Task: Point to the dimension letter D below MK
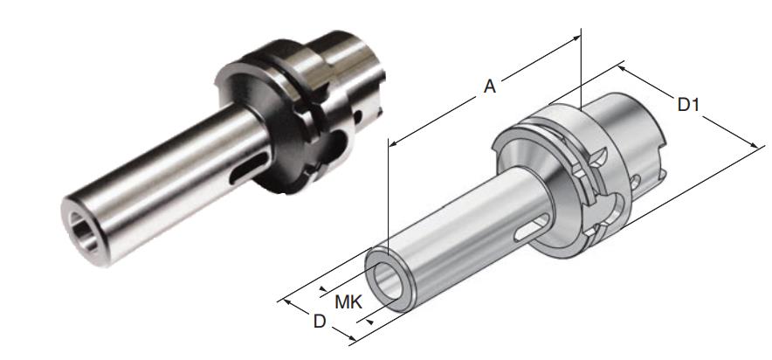[x=320, y=322]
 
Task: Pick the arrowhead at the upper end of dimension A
[x=577, y=38]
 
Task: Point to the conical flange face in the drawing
[x=524, y=161]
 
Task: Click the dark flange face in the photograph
[x=253, y=96]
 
